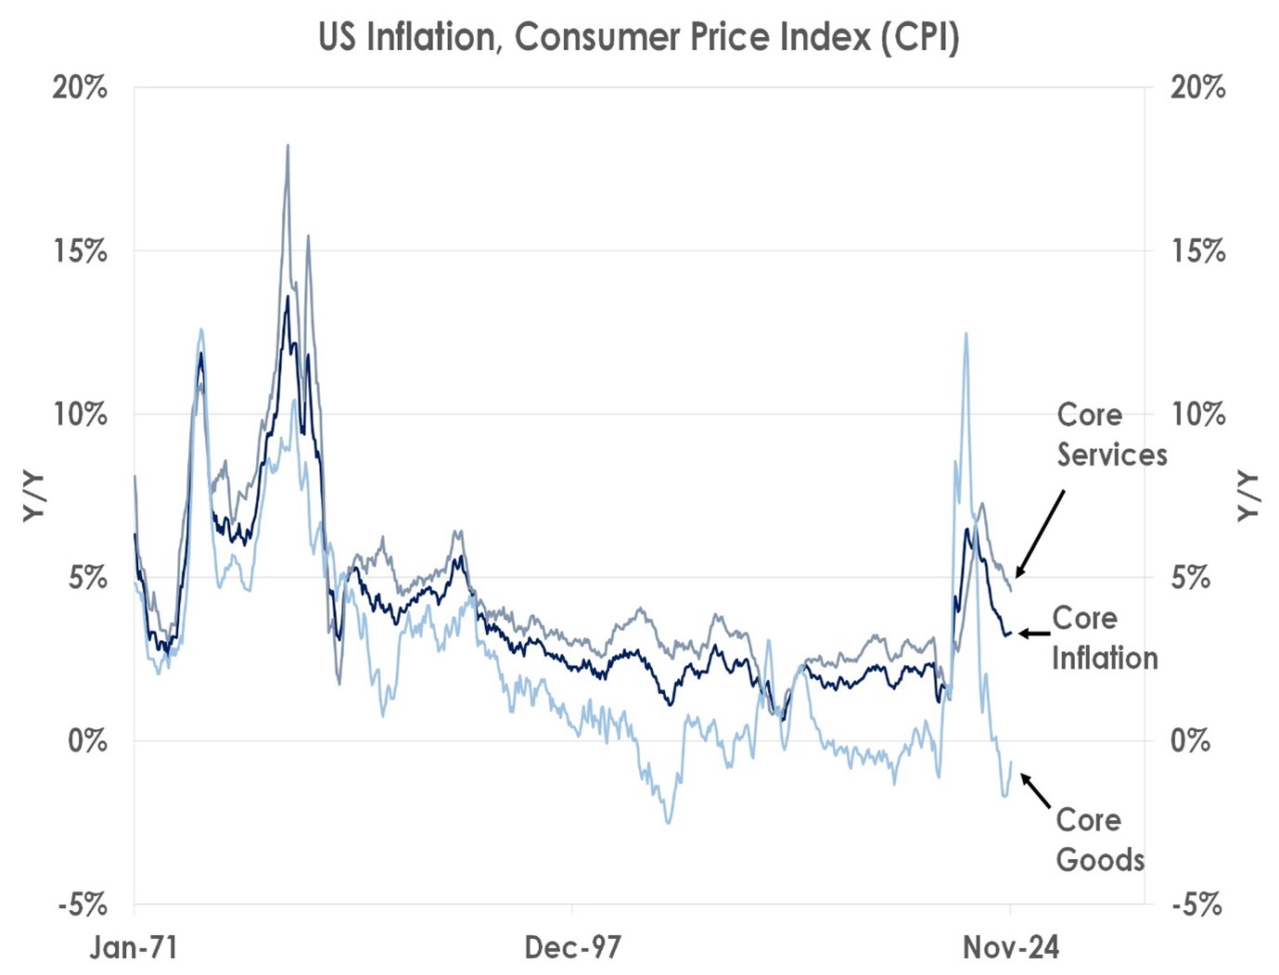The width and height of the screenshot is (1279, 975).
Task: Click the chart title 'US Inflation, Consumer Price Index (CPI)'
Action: (x=638, y=37)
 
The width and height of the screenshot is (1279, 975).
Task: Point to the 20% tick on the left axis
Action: (x=80, y=88)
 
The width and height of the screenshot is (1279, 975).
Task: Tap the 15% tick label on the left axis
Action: (x=80, y=251)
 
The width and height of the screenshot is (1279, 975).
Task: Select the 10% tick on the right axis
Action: (x=1198, y=415)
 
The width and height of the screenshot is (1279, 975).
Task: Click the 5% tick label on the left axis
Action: (x=86, y=578)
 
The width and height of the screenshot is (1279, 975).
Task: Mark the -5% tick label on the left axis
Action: (x=83, y=904)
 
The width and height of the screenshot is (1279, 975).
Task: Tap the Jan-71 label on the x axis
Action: (x=134, y=947)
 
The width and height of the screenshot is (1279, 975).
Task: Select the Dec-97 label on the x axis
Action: (x=572, y=947)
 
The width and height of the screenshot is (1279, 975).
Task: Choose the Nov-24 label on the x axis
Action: (x=1010, y=947)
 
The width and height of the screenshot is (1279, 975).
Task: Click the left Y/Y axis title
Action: (x=34, y=496)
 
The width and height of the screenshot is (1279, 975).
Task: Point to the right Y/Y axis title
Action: (x=1249, y=496)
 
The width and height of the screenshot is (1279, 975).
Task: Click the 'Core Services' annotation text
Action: (x=1110, y=434)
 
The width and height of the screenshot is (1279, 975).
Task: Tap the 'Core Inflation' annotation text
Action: (x=1104, y=637)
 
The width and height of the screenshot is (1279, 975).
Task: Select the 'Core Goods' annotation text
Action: (x=1100, y=840)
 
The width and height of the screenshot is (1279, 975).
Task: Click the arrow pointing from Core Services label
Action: (x=1040, y=533)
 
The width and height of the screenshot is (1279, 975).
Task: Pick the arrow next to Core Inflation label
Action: (x=1034, y=634)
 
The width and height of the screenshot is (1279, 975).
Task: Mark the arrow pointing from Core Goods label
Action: (x=1036, y=791)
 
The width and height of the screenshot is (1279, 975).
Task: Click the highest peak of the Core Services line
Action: (x=288, y=146)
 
